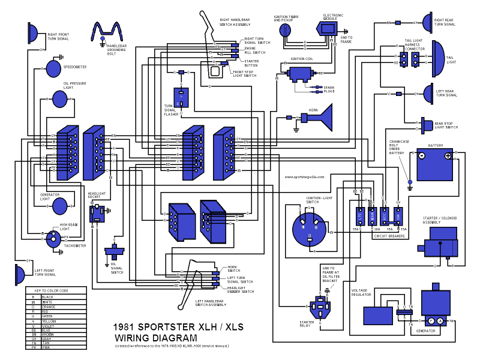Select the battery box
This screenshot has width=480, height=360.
tap(436, 163)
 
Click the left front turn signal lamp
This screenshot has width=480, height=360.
tap(19, 275)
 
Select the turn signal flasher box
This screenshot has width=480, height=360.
tap(182, 97)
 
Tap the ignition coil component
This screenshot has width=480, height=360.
tap(298, 74)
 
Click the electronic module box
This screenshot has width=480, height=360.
tap(328, 27)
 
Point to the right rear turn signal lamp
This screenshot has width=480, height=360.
tap(428, 23)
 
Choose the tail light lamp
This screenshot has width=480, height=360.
tap(436, 55)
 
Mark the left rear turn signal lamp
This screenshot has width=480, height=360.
tap(428, 94)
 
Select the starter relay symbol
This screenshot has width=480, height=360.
tap(324, 307)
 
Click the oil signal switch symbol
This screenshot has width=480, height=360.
tap(113, 251)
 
